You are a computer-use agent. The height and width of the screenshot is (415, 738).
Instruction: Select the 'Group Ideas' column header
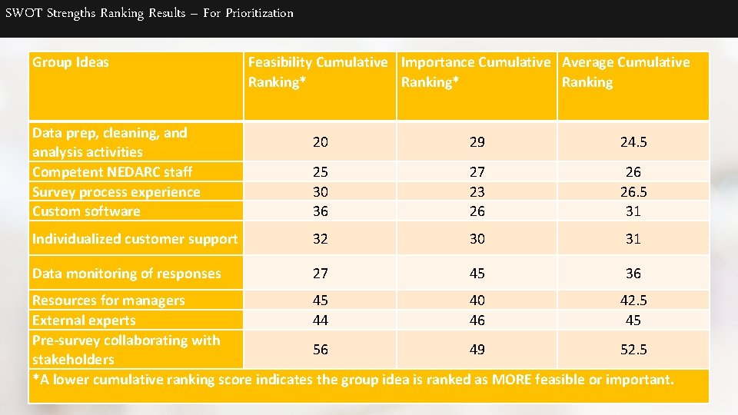(x=71, y=62)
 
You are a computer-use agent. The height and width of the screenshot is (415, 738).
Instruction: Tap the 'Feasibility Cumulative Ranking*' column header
(x=317, y=71)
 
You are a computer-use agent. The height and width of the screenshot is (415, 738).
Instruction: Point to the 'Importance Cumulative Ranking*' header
(x=476, y=71)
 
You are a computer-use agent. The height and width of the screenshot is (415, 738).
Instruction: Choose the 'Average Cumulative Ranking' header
(x=626, y=71)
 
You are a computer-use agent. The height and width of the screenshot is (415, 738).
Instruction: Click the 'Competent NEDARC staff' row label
(x=112, y=172)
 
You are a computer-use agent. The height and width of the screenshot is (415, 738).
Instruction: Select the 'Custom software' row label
(x=86, y=211)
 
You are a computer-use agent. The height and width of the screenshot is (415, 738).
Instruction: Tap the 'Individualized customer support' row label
(x=135, y=239)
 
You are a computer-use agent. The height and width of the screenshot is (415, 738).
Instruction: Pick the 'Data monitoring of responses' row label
(x=126, y=274)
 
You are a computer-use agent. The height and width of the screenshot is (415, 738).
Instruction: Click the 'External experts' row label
(x=84, y=320)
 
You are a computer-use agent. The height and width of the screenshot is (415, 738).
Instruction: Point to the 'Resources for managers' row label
(x=108, y=300)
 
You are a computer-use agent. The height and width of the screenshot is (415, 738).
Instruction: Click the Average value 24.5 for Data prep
(x=633, y=142)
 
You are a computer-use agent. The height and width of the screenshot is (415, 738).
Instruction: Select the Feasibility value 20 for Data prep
(x=320, y=142)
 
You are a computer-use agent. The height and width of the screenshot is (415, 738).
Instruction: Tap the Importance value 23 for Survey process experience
(x=477, y=192)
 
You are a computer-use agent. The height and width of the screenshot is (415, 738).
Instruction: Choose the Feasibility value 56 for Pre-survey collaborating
(x=320, y=350)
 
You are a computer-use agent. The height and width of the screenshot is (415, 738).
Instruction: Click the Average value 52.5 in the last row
(x=633, y=350)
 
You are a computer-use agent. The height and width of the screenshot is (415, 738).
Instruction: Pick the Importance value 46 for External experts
(x=477, y=320)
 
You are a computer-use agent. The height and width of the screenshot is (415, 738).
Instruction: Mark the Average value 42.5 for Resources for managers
(x=633, y=300)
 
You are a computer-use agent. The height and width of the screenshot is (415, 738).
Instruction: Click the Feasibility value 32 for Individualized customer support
(x=320, y=239)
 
